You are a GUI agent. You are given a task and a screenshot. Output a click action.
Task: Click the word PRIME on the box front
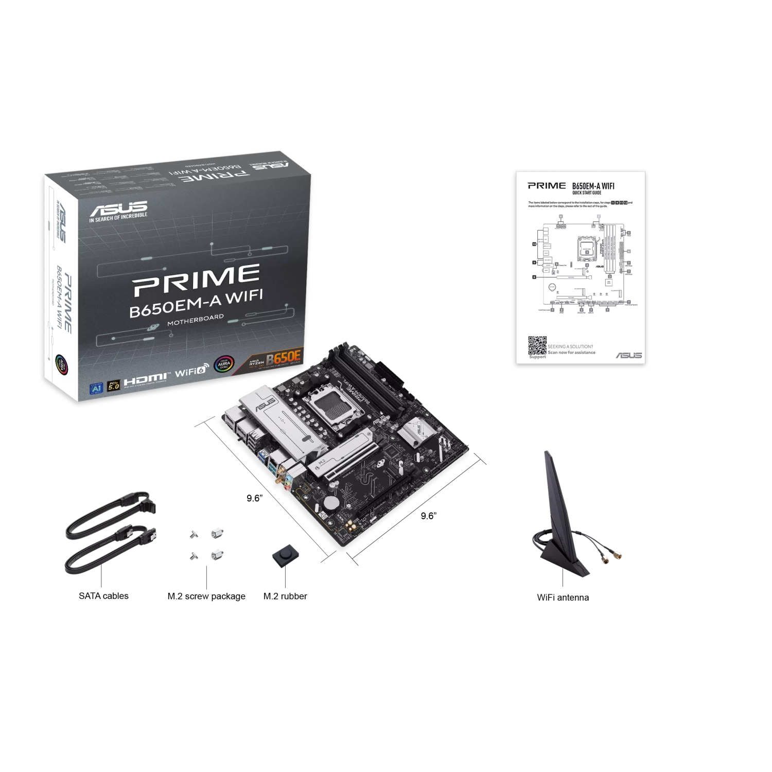(x=196, y=279)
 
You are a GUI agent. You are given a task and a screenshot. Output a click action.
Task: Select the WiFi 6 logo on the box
(x=190, y=372)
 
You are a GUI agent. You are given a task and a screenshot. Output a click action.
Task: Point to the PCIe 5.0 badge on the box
(x=113, y=385)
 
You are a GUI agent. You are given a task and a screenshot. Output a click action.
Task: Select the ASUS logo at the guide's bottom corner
(x=629, y=355)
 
